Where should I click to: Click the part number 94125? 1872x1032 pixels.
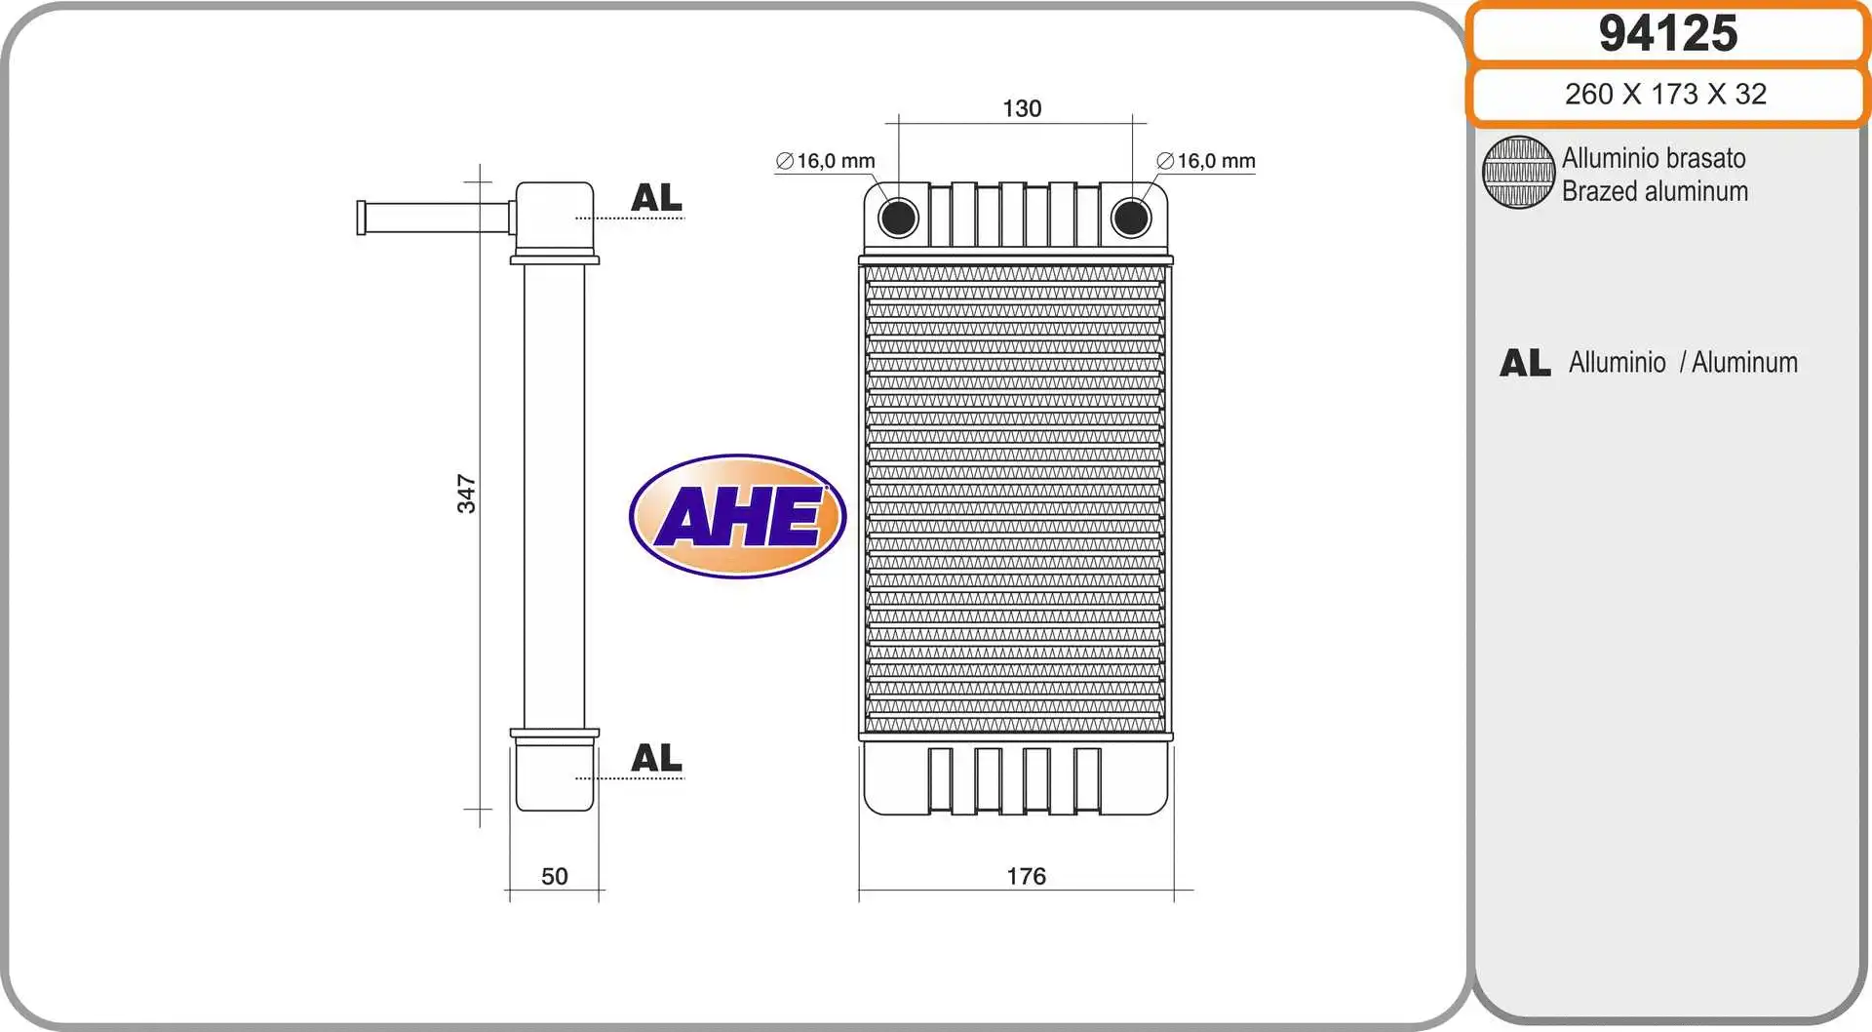pyautogui.click(x=1667, y=33)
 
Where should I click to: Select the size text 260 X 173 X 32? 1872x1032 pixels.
pyautogui.click(x=1665, y=94)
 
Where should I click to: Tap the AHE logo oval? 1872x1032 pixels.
pyautogui.click(x=738, y=516)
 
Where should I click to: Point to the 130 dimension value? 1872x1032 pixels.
pyautogui.click(x=1022, y=108)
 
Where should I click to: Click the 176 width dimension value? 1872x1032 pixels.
pyautogui.click(x=1026, y=876)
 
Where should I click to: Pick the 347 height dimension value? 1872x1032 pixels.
pyautogui.click(x=467, y=494)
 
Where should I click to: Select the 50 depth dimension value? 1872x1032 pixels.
pyautogui.click(x=554, y=876)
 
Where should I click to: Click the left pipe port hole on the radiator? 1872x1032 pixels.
pyautogui.click(x=898, y=218)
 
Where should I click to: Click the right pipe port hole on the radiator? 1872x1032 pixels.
pyautogui.click(x=1131, y=218)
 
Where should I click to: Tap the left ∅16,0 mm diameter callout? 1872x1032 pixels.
pyautogui.click(x=826, y=161)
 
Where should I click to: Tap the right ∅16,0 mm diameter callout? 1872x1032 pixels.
pyautogui.click(x=1206, y=161)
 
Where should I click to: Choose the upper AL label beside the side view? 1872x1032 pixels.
pyautogui.click(x=656, y=198)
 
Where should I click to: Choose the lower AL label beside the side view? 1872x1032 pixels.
pyautogui.click(x=656, y=758)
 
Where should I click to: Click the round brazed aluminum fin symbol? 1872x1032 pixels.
pyautogui.click(x=1518, y=173)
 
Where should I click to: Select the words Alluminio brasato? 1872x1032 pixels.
pyautogui.click(x=1654, y=158)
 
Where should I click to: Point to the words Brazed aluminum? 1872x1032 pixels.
pyautogui.click(x=1655, y=191)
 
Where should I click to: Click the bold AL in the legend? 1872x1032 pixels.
pyautogui.click(x=1525, y=363)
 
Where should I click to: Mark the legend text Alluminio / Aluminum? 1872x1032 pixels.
pyautogui.click(x=1683, y=363)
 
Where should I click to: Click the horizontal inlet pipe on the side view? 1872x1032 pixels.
pyautogui.click(x=435, y=217)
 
